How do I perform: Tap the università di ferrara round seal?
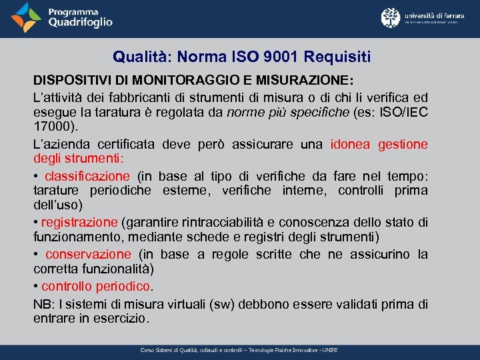point(391,18)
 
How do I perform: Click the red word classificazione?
point(87,177)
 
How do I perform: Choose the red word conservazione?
point(88,254)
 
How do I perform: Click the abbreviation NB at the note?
point(41,304)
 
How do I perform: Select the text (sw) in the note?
point(221,304)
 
